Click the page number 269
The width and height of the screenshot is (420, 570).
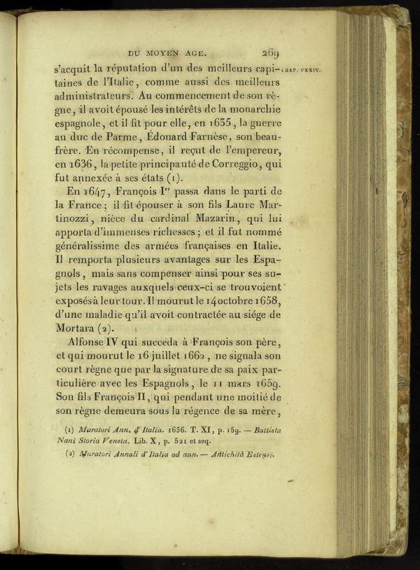click(x=271, y=53)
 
